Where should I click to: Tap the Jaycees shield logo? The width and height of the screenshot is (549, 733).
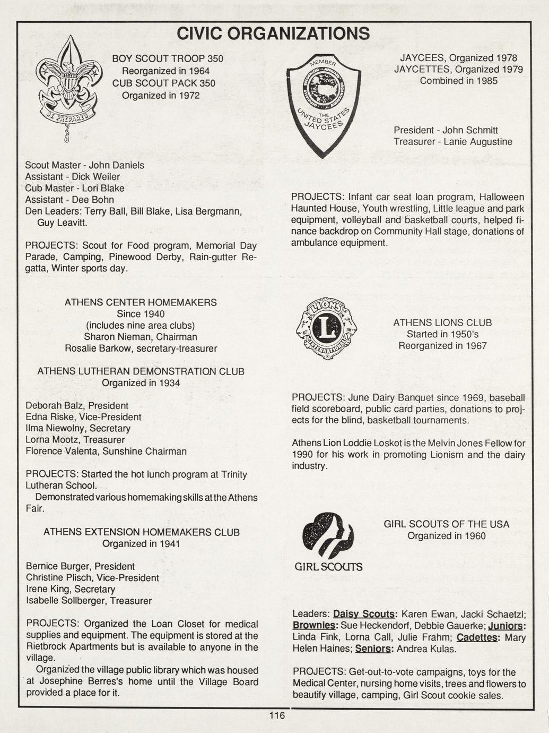(x=323, y=104)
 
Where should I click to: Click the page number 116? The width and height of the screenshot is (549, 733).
(x=277, y=715)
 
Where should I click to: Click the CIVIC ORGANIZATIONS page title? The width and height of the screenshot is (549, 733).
(x=273, y=33)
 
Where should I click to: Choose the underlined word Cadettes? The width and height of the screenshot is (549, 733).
(x=477, y=637)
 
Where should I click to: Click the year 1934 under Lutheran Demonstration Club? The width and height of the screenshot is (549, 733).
(x=169, y=383)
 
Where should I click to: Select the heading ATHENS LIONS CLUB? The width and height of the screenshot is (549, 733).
(x=442, y=322)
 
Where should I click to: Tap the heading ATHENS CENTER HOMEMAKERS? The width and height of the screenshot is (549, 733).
(x=141, y=302)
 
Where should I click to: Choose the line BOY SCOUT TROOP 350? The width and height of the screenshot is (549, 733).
(x=168, y=58)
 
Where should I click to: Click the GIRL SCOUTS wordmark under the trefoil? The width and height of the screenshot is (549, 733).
(x=328, y=567)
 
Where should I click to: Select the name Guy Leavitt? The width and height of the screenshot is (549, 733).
(x=61, y=223)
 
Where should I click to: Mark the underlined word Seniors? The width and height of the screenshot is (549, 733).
(x=373, y=649)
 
